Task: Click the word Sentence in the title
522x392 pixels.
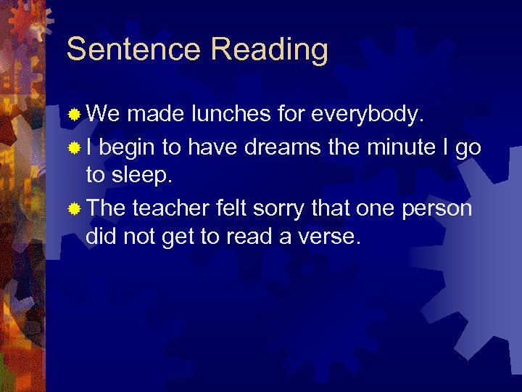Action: (x=133, y=49)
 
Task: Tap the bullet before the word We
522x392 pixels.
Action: (x=74, y=115)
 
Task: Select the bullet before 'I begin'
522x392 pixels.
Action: (x=74, y=148)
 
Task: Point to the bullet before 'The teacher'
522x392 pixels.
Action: (x=74, y=210)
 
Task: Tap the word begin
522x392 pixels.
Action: (x=128, y=147)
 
